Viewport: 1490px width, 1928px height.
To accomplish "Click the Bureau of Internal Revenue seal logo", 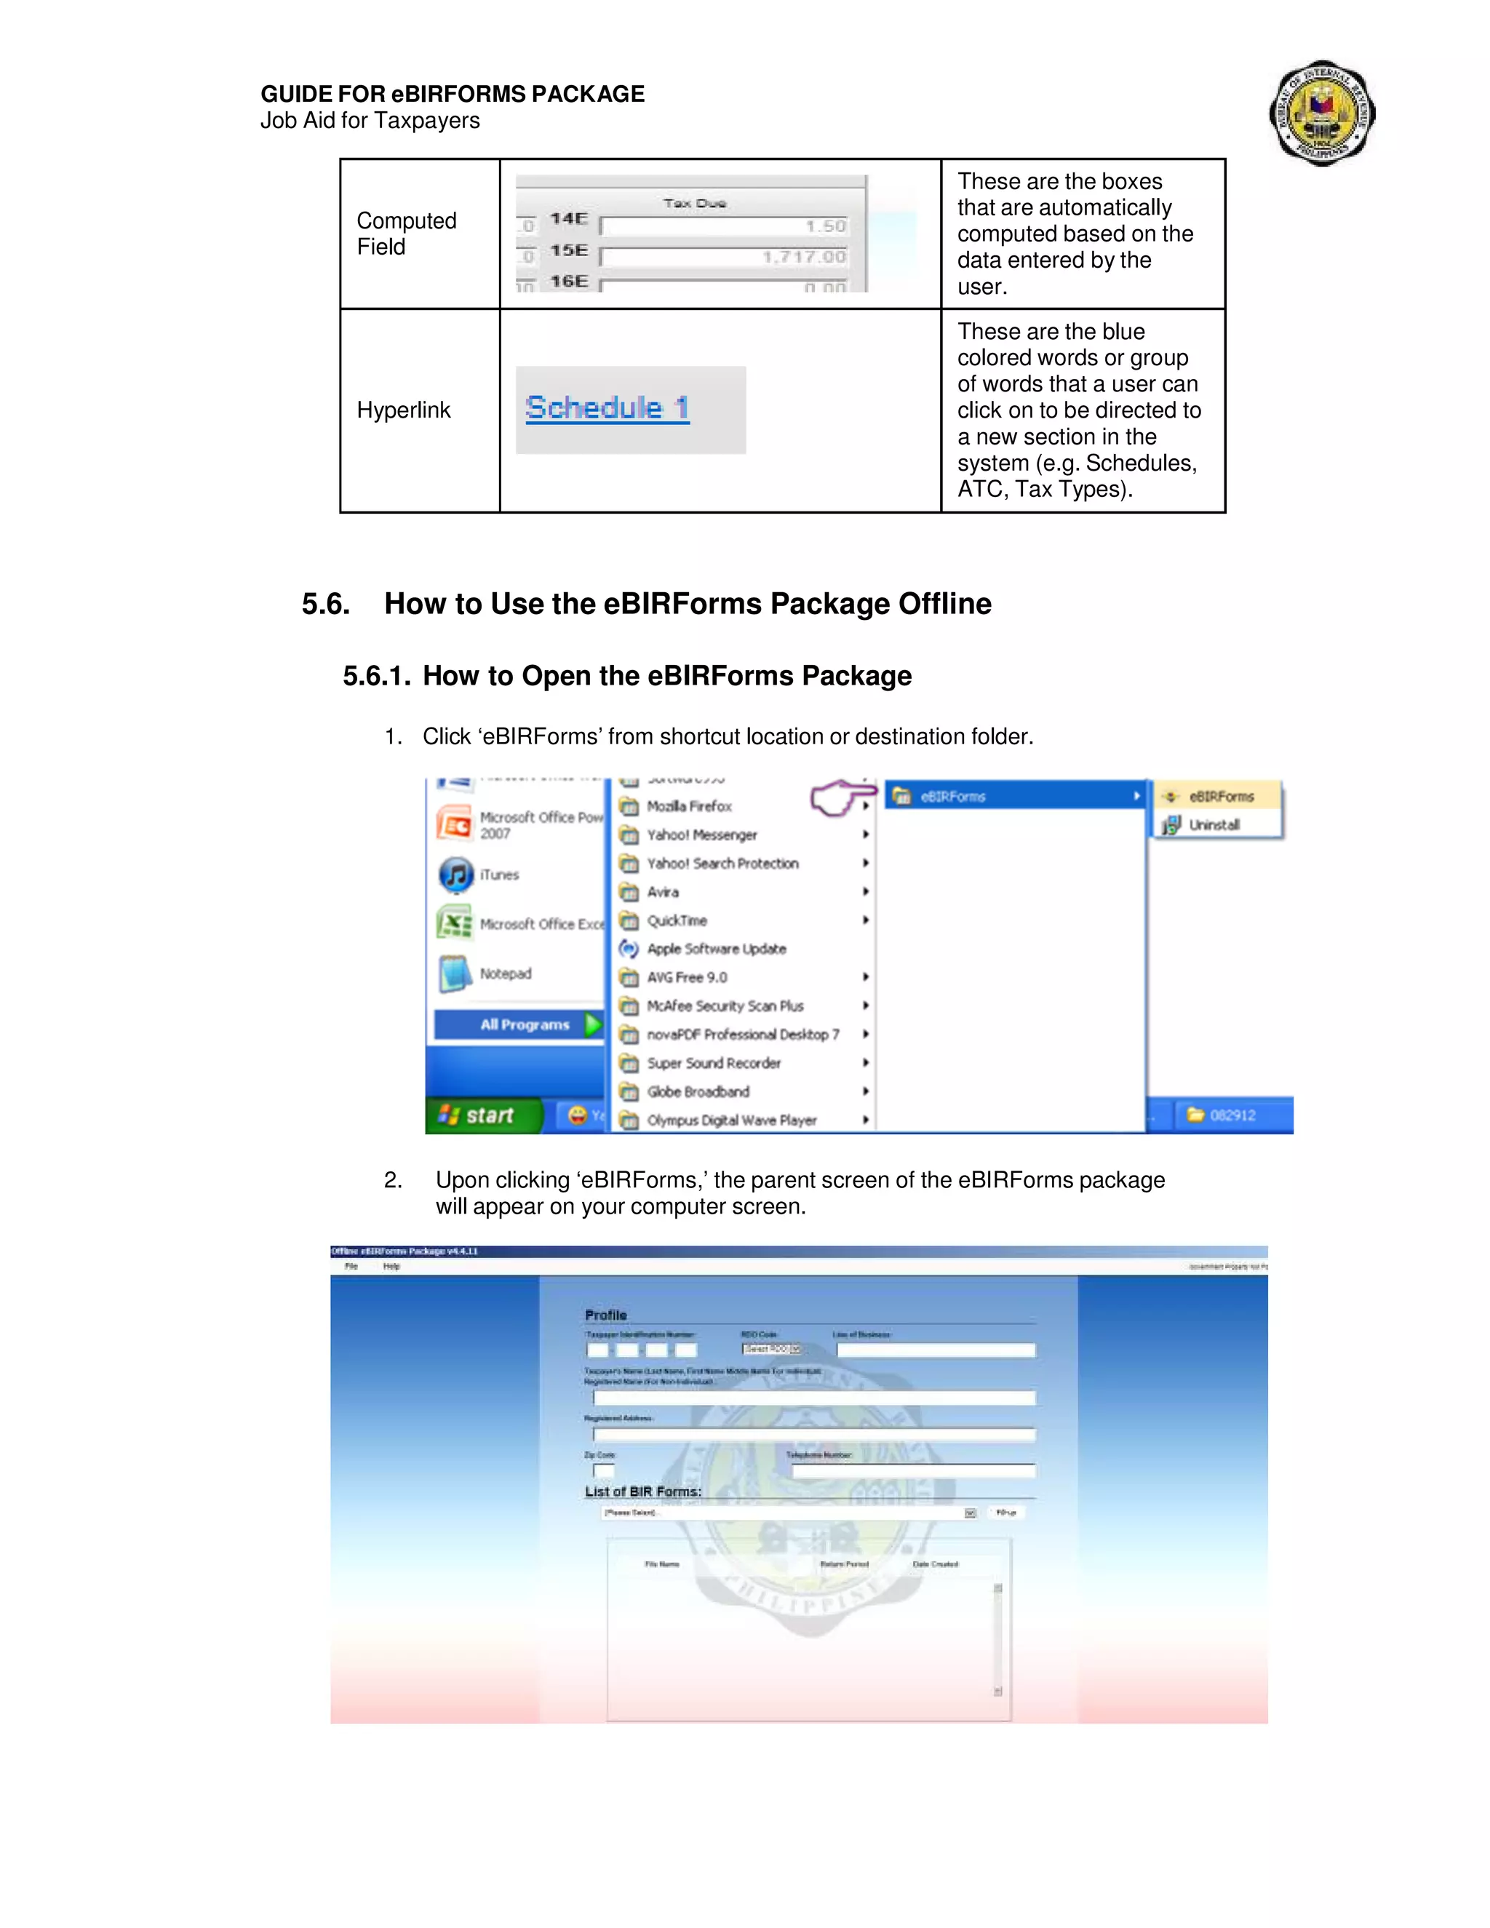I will [1321, 113].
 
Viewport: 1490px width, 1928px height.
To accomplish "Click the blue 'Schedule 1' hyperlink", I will [607, 408].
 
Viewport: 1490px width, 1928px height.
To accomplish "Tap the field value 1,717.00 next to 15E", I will [803, 257].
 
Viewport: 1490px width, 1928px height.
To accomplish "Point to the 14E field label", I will [568, 218].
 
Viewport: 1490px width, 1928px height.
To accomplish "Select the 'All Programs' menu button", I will [525, 1024].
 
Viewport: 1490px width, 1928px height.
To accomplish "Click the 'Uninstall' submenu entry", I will [1214, 824].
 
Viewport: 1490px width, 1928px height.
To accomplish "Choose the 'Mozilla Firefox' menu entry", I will [688, 806].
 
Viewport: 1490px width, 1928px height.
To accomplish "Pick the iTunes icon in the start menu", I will [455, 875].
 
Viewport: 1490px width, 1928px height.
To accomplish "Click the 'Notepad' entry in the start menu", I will [505, 973].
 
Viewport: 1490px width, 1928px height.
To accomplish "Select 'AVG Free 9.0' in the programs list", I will [687, 977].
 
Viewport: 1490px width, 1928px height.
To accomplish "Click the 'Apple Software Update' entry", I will [716, 949].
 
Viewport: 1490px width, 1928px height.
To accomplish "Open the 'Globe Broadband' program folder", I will [697, 1092].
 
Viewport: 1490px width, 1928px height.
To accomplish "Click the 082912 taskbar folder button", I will [1232, 1115].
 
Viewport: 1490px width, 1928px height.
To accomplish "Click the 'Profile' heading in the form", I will [605, 1315].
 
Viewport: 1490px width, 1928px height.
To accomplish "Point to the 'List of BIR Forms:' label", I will [642, 1491].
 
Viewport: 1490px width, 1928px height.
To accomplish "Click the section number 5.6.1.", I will [377, 676].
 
